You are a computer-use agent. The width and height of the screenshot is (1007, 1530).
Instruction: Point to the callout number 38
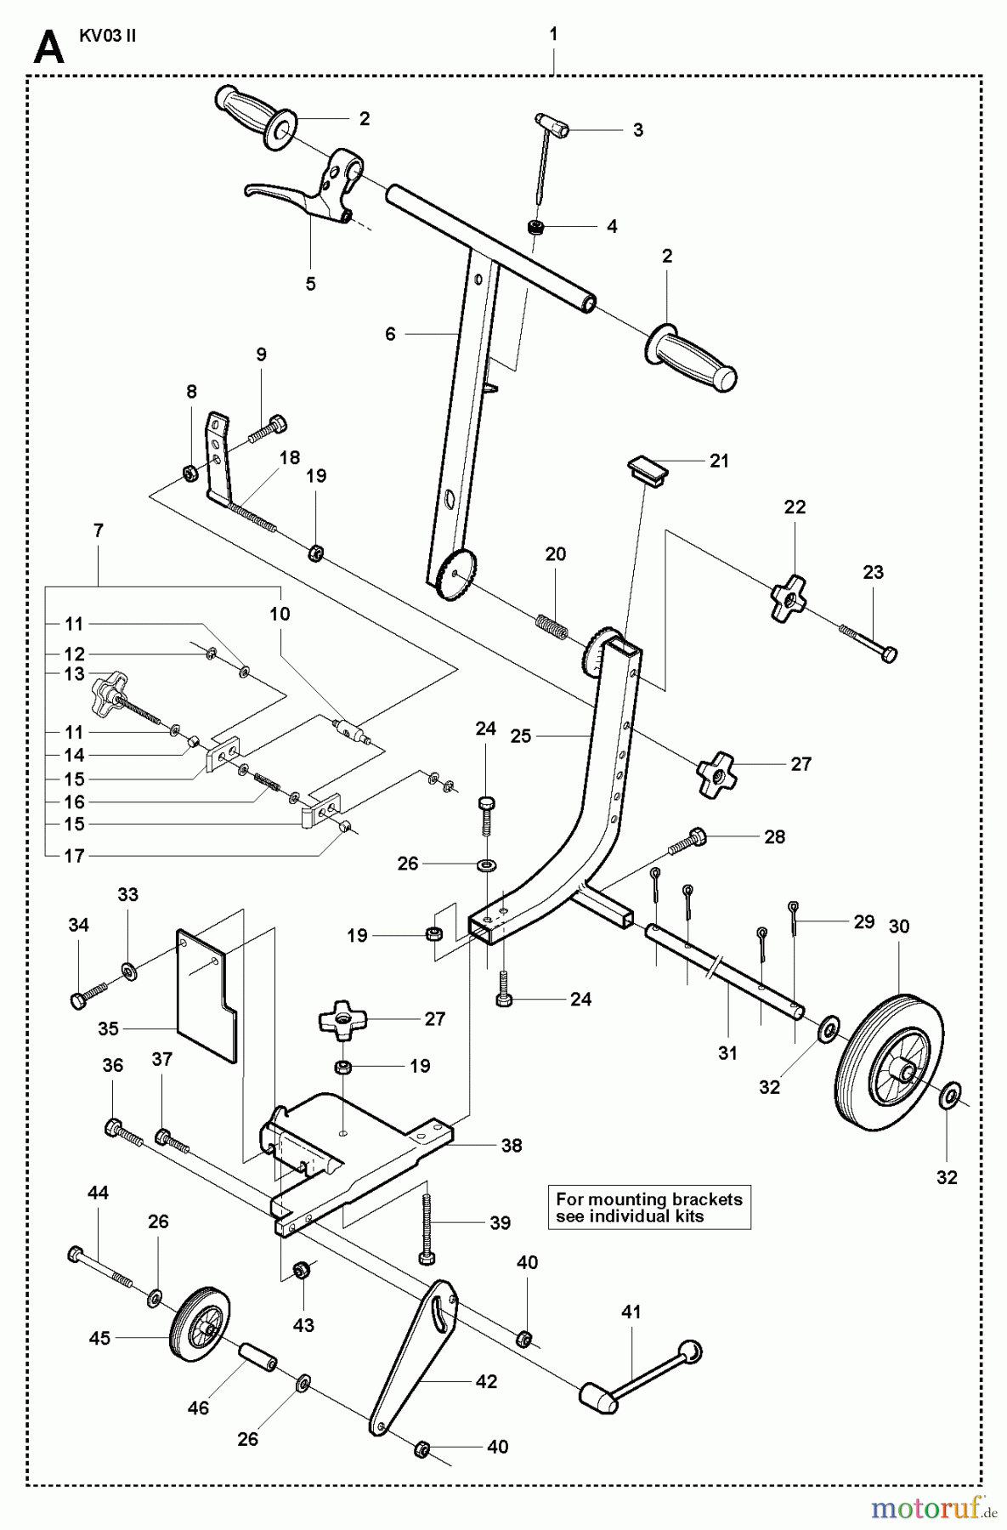(x=511, y=1145)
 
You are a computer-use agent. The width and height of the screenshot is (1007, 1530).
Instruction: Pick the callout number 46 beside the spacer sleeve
(x=198, y=1408)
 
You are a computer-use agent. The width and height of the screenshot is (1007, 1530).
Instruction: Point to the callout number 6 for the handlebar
(x=390, y=334)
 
